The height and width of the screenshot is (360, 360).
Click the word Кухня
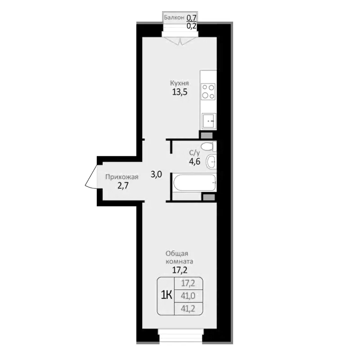pyautogui.click(x=179, y=83)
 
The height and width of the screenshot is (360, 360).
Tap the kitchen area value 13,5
pyautogui.click(x=179, y=93)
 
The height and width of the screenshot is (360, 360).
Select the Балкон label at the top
pyautogui.click(x=174, y=18)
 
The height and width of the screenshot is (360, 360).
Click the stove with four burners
pyautogui.click(x=208, y=91)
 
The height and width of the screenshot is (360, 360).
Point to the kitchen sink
pyautogui.click(x=208, y=120)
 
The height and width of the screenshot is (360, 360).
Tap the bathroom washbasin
pyautogui.click(x=211, y=161)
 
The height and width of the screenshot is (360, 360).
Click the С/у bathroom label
pyautogui.click(x=194, y=153)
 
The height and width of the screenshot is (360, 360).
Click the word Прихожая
pyautogui.click(x=122, y=177)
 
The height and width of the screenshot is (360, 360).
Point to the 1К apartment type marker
pyautogui.click(x=166, y=295)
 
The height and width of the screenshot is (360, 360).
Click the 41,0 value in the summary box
pyautogui.click(x=188, y=296)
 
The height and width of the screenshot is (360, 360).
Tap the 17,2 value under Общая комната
pyautogui.click(x=179, y=270)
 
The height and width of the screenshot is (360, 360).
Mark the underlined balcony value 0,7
pyautogui.click(x=192, y=18)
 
